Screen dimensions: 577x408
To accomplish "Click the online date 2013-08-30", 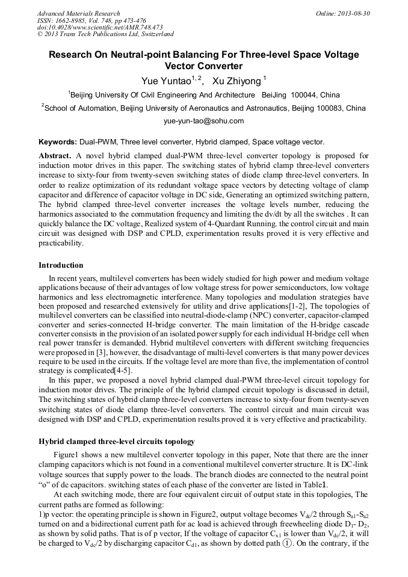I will point(354,13).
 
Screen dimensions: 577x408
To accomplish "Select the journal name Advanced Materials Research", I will point(78,13).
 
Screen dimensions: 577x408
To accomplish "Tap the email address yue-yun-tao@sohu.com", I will point(203,121).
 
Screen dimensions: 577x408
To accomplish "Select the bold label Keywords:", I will point(58,142).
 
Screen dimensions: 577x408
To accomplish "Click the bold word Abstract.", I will point(55,155).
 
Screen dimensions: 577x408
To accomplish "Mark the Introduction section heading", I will point(61,265).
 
